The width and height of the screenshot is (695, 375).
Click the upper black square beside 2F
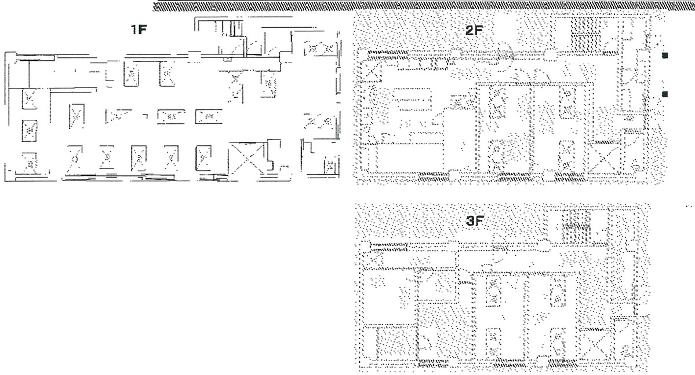(x=665, y=56)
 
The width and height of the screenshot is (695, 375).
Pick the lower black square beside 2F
(x=665, y=94)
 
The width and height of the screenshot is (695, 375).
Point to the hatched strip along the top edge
(x=423, y=6)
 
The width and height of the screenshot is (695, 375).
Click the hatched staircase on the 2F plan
(x=583, y=34)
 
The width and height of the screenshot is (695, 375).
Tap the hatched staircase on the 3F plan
(x=576, y=227)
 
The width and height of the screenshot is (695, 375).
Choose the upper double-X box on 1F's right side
(x=319, y=49)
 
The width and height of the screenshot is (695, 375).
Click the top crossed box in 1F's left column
(x=29, y=100)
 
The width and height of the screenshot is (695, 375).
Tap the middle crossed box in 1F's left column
(x=29, y=128)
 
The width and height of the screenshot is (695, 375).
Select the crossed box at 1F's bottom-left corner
(x=29, y=161)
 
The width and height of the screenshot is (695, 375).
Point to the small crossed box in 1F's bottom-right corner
(x=329, y=167)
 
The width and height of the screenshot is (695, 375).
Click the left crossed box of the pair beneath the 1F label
(x=133, y=75)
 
